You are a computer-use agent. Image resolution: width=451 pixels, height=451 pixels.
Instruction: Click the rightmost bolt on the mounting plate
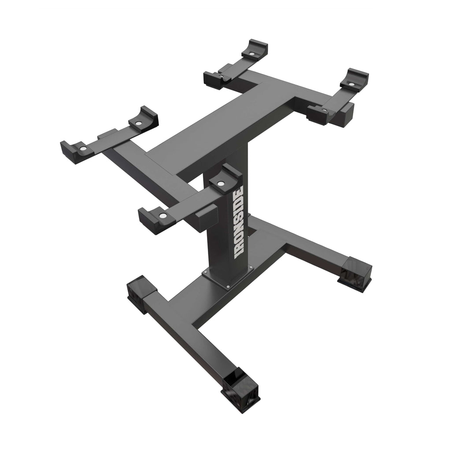[x=251, y=266]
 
